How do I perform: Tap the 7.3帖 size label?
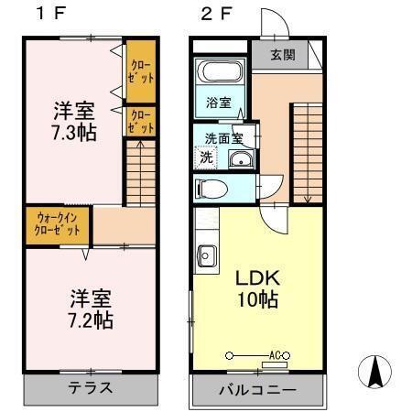tap(73, 132)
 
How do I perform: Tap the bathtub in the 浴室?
tap(219, 72)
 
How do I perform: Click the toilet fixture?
tap(213, 190)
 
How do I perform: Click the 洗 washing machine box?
tap(206, 157)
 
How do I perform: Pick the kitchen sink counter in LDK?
tap(204, 255)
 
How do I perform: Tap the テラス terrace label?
tap(92, 387)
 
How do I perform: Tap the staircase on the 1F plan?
tap(140, 174)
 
